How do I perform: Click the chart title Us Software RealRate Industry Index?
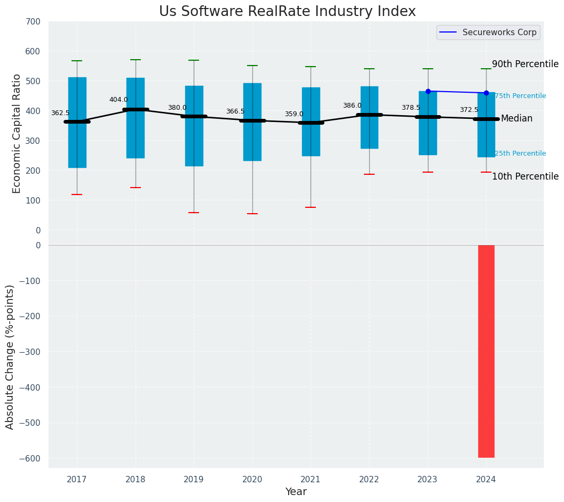[x=287, y=12]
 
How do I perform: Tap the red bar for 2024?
[x=486, y=351]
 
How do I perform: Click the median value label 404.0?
[x=118, y=100]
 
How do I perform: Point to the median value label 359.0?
[x=293, y=114]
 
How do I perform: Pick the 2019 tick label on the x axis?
[x=194, y=480]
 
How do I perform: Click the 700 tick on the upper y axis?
[x=32, y=22]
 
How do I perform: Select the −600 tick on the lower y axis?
[x=30, y=458]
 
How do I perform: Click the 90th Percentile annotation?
[x=525, y=64]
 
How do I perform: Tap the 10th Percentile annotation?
[x=525, y=176]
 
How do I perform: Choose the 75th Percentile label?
[x=520, y=96]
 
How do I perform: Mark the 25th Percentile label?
[x=520, y=153]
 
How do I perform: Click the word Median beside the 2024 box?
[x=517, y=119]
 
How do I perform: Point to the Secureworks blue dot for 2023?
[x=428, y=91]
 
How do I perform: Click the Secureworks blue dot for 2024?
[x=486, y=93]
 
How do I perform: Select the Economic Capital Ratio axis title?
[x=17, y=133]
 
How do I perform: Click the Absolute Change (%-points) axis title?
[x=10, y=357]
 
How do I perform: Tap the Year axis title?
[x=296, y=492]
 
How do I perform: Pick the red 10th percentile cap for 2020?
[x=252, y=214]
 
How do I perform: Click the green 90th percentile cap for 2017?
[x=77, y=61]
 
